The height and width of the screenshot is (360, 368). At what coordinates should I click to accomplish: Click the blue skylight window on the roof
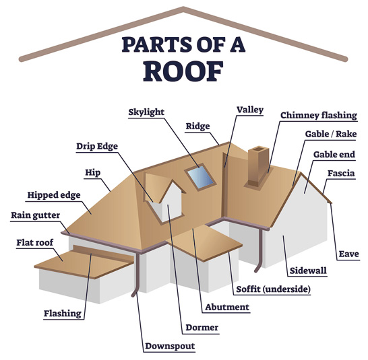[x=201, y=177]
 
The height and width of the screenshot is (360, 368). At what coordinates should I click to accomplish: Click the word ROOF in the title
[x=183, y=71]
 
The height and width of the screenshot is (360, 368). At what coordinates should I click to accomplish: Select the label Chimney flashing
[x=319, y=115]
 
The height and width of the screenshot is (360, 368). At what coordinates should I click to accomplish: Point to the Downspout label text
[x=170, y=346]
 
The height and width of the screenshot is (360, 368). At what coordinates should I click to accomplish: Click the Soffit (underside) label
[x=273, y=289]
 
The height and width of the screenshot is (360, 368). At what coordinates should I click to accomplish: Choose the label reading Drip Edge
[x=97, y=146]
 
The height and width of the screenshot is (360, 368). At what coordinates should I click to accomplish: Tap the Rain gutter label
[x=35, y=215]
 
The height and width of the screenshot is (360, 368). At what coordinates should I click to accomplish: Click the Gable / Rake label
[x=331, y=134]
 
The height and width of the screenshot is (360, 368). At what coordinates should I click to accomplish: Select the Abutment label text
[x=227, y=307]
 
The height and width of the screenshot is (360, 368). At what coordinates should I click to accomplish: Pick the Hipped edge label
[x=54, y=195]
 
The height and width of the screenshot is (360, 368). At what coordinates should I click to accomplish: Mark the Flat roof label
[x=35, y=242]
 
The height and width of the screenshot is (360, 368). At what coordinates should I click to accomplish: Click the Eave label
[x=348, y=254]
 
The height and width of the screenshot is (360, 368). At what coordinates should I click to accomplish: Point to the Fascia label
[x=341, y=174]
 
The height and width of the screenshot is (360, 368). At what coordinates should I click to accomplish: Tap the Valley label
[x=250, y=110]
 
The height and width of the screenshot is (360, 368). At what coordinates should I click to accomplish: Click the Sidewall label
[x=308, y=271]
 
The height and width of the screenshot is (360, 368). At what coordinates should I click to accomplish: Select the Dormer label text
[x=202, y=328]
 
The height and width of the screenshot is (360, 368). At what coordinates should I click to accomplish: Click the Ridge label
[x=197, y=127]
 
